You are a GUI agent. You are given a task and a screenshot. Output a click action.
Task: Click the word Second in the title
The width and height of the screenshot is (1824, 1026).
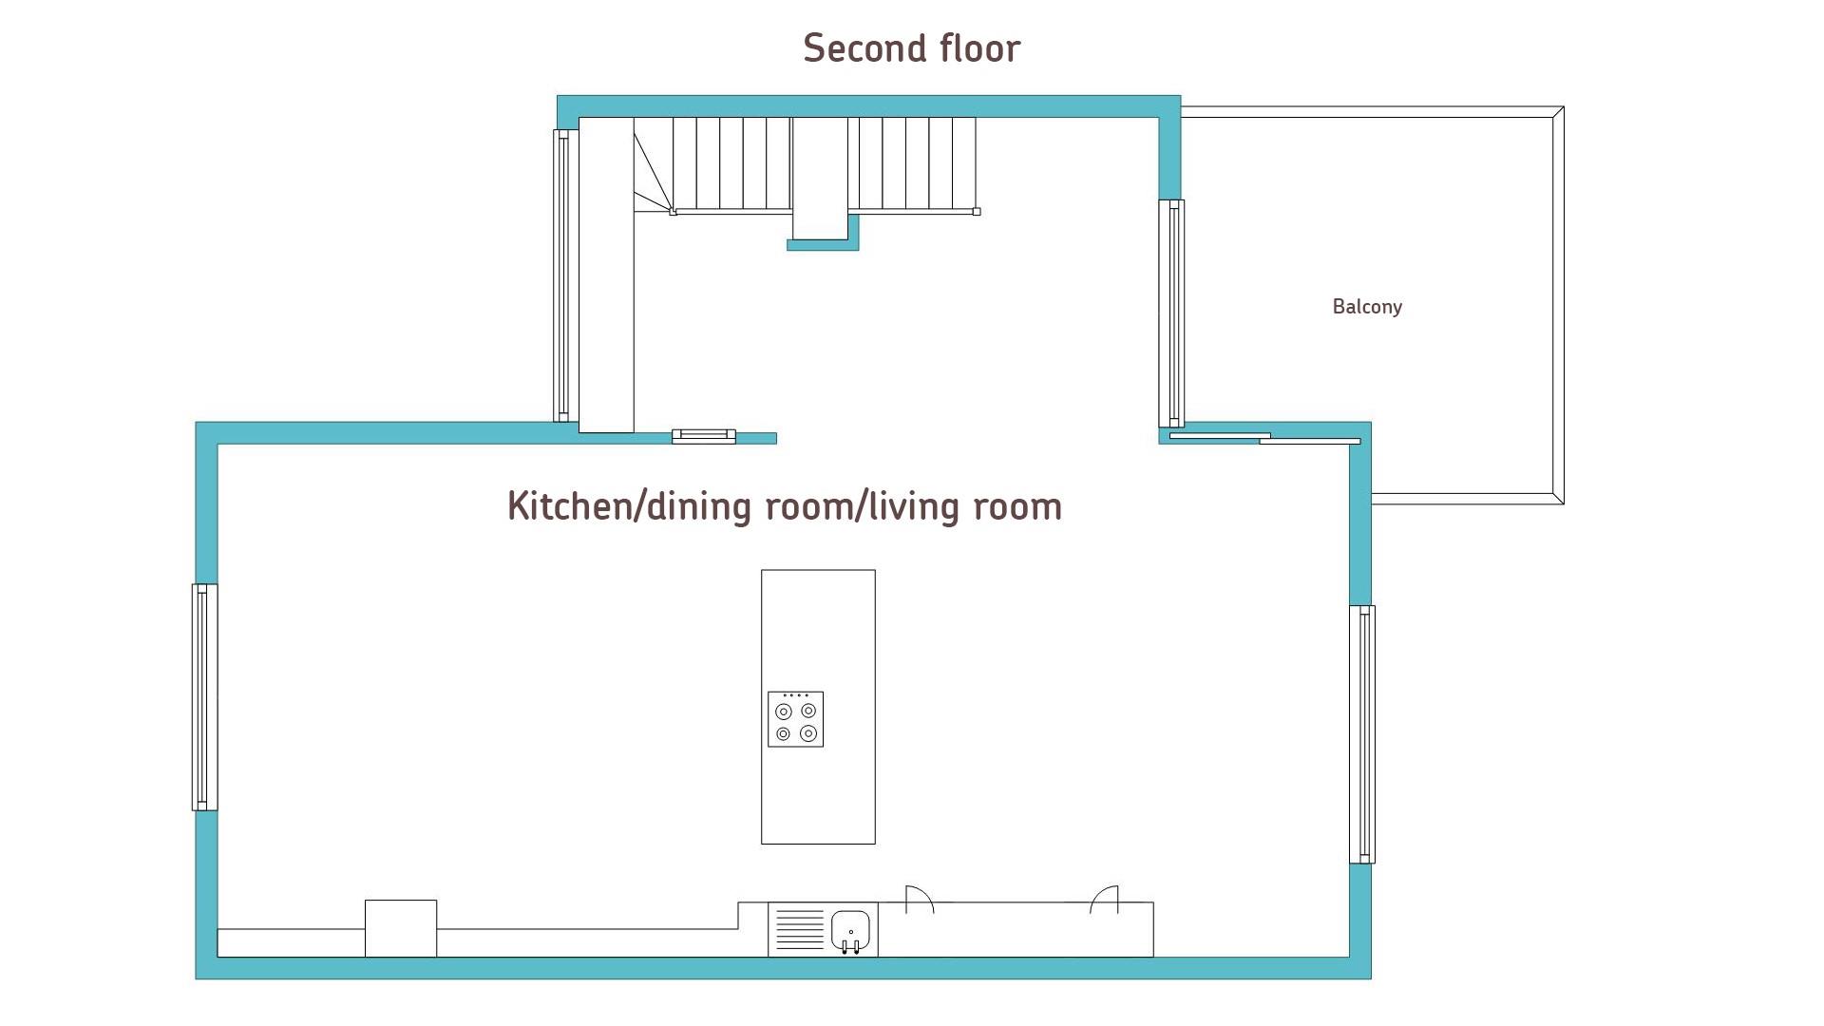[x=864, y=48]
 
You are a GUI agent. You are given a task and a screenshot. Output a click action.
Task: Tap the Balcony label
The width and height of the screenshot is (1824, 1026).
[x=1367, y=307]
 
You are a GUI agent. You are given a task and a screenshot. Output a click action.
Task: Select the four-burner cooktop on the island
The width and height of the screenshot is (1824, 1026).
[x=795, y=719]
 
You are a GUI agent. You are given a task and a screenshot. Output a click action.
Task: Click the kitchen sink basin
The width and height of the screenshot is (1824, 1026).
[x=851, y=930]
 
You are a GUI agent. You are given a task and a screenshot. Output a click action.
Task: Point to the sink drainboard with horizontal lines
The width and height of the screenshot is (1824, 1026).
[x=800, y=929]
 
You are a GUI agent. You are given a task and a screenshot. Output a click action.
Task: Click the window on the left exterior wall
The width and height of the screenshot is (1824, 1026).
[x=204, y=697]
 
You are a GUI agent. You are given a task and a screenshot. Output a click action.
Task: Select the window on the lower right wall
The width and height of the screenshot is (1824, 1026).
[x=1362, y=734]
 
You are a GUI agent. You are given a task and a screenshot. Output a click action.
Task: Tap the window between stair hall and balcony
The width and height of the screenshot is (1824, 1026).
[x=1171, y=313]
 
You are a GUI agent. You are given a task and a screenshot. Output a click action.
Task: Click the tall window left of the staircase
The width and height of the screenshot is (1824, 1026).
[x=565, y=275]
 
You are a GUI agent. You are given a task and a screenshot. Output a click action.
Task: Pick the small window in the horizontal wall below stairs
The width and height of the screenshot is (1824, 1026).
[x=704, y=437]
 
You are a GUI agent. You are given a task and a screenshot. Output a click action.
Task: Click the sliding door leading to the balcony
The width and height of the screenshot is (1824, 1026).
[x=1264, y=438]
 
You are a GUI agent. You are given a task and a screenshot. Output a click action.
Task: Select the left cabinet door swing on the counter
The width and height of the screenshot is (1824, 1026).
[x=920, y=898]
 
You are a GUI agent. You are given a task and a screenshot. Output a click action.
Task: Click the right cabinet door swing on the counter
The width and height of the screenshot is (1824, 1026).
[x=1104, y=898]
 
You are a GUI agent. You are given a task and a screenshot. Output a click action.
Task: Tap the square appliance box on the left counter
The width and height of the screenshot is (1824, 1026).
[x=401, y=928]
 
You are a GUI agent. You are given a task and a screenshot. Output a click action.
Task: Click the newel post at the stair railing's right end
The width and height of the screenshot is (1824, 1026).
[x=977, y=212]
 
